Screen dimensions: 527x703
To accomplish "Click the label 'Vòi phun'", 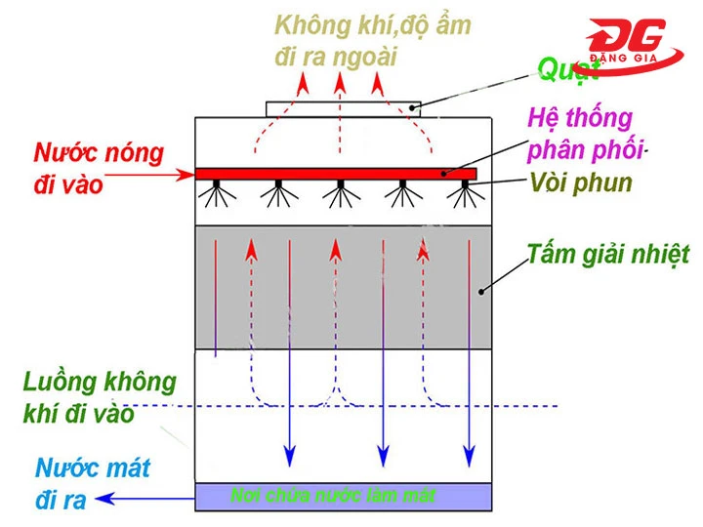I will click(x=581, y=182).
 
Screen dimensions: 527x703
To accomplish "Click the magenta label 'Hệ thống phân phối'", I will click(x=584, y=136).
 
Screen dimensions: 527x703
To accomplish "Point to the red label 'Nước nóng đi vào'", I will click(x=98, y=168).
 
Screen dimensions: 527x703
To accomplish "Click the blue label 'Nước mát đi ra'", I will click(x=93, y=484).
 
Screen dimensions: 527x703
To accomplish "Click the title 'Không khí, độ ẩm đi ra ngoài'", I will click(x=372, y=40).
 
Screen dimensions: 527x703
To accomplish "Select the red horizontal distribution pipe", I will click(x=336, y=174).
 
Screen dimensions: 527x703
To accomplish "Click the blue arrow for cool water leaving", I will click(x=146, y=500).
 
